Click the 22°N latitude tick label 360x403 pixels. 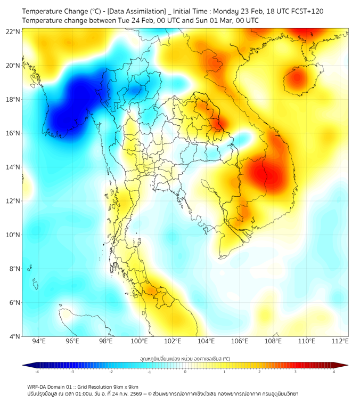pyautogui.click(x=13, y=31)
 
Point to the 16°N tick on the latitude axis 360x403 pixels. pyautogui.click(x=13, y=133)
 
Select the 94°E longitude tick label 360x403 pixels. pyautogui.click(x=39, y=341)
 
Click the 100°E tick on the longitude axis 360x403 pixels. pyautogui.click(x=140, y=341)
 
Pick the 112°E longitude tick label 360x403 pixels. pyautogui.click(x=340, y=341)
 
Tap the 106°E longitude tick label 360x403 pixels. pyautogui.click(x=240, y=341)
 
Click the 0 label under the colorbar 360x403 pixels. pyautogui.click(x=185, y=372)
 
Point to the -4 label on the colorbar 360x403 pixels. pyautogui.click(x=36, y=372)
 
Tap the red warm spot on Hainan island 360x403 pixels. pyautogui.click(x=296, y=79)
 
